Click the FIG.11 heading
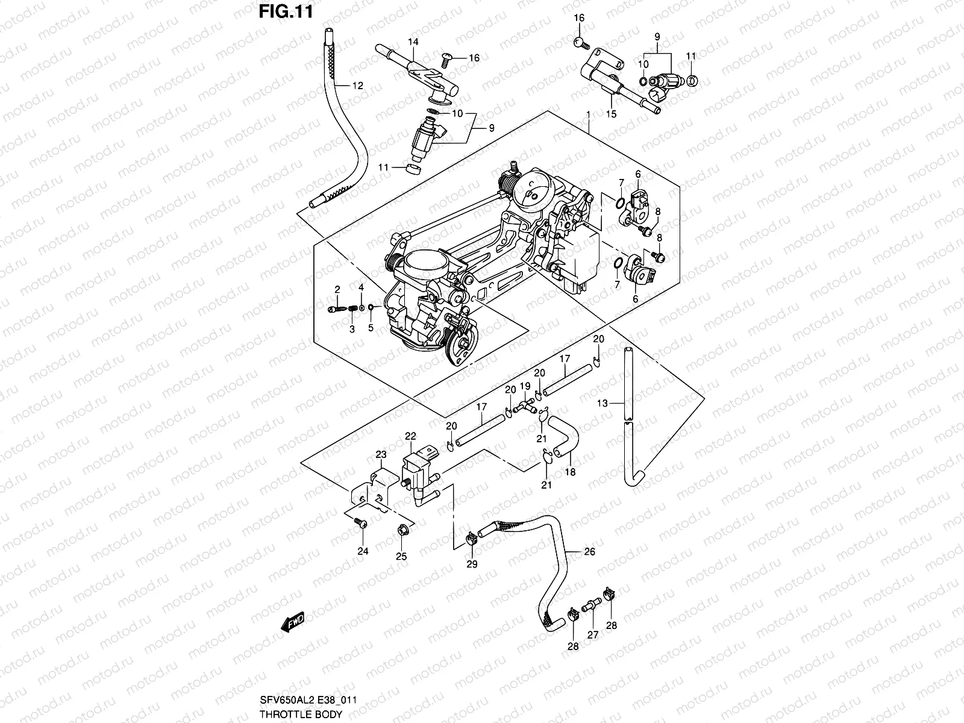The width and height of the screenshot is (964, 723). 285,11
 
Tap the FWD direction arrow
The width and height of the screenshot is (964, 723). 293,622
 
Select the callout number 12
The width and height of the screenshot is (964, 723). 358,86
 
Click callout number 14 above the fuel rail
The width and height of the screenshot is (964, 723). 413,42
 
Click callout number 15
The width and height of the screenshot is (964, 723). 611,113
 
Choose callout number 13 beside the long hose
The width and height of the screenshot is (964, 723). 602,404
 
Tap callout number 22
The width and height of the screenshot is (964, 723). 410,436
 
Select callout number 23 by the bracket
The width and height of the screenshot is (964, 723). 381,454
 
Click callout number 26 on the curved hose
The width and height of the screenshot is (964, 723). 589,551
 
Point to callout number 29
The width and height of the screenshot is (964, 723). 472,564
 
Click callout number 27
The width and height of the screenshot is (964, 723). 593,634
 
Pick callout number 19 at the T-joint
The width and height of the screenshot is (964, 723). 525,386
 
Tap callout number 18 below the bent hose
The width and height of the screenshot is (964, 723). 571,472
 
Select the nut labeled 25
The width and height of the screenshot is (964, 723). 401,531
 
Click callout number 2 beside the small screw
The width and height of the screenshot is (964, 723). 338,289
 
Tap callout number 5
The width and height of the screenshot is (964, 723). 371,328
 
